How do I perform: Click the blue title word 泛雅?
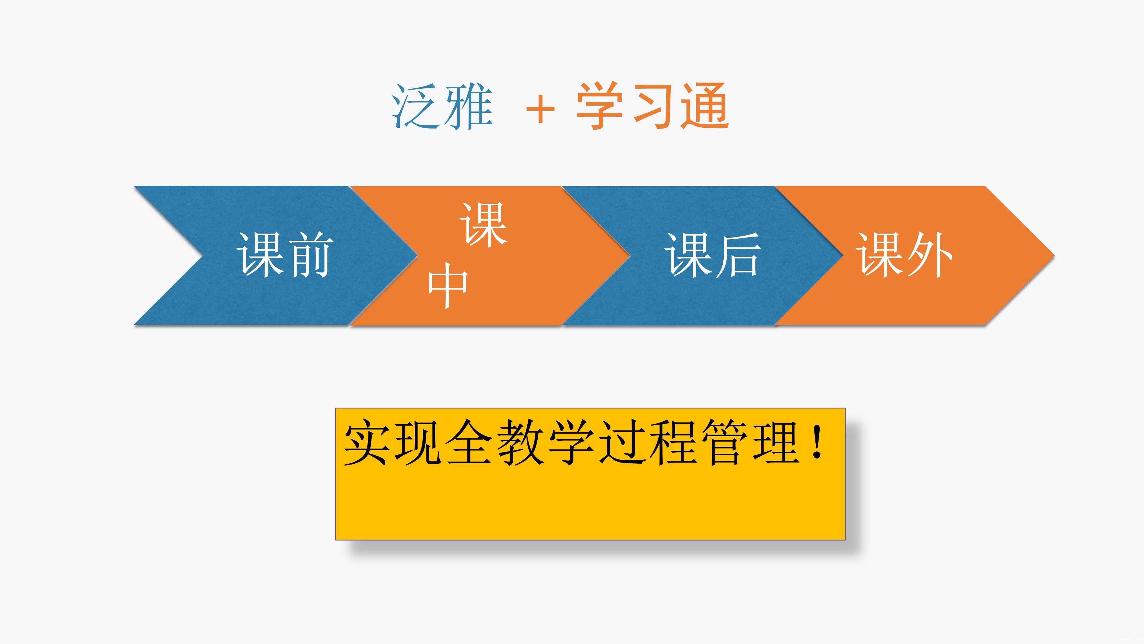coord(442,107)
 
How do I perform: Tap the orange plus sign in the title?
coord(541,109)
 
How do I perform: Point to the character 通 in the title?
coord(705,106)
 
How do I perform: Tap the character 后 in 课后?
coord(737,255)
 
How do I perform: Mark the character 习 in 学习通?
coord(653,106)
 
